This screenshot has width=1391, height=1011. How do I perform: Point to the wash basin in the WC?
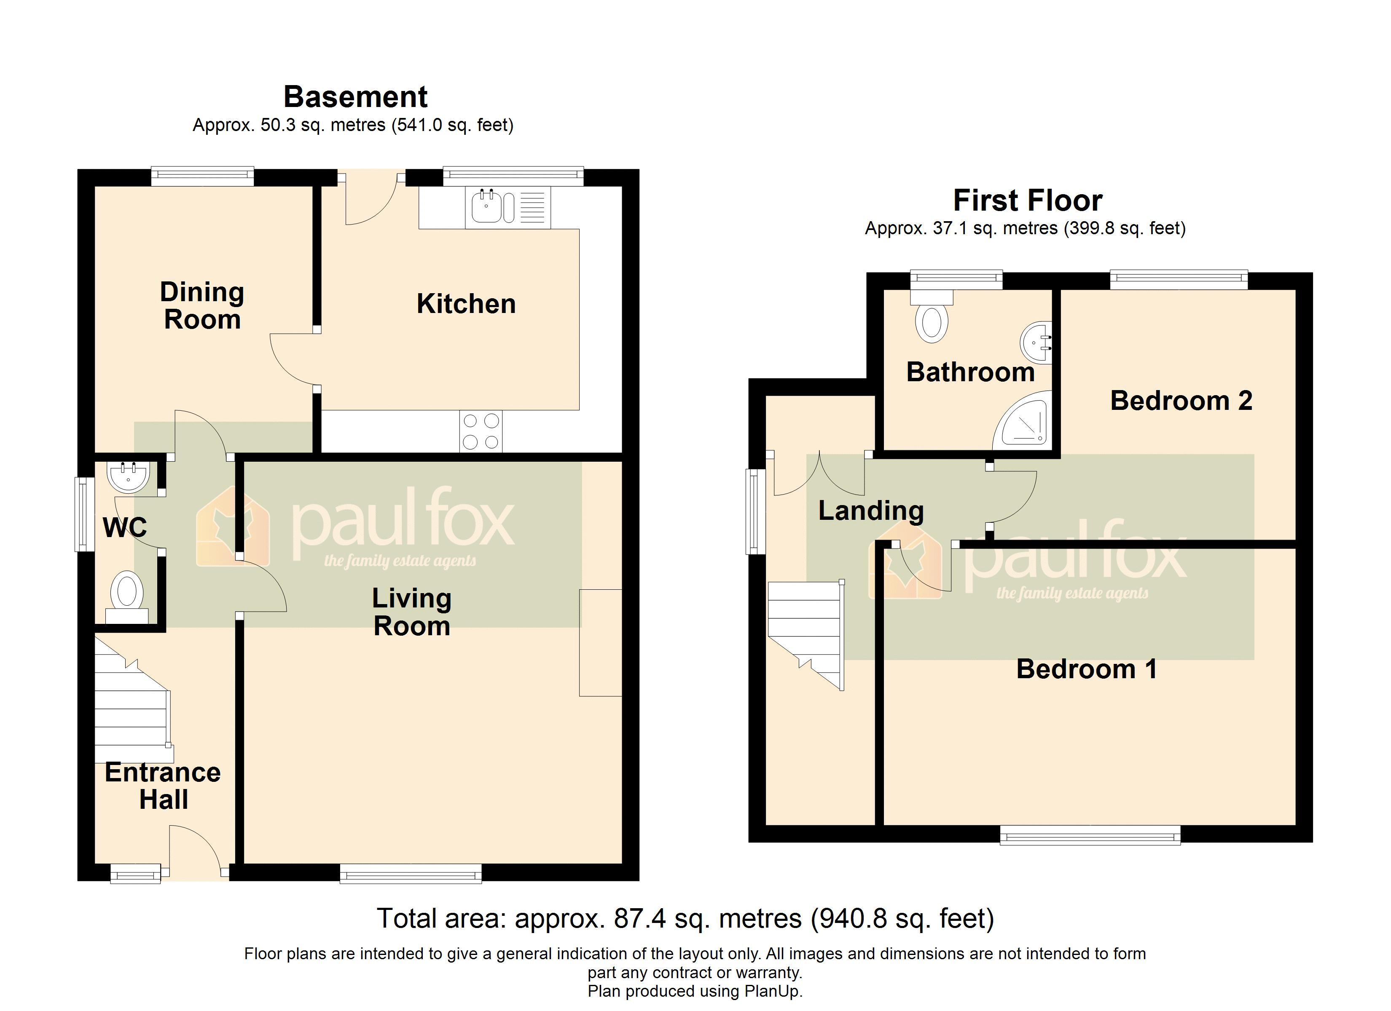pyautogui.click(x=128, y=477)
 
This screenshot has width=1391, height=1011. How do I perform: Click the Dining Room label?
pyautogui.click(x=202, y=305)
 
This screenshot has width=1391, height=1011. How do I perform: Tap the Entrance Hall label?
pyautogui.click(x=163, y=785)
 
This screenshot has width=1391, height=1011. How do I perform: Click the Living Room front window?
pyautogui.click(x=411, y=873)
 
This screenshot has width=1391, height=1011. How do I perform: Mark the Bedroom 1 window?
pyautogui.click(x=1090, y=834)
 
